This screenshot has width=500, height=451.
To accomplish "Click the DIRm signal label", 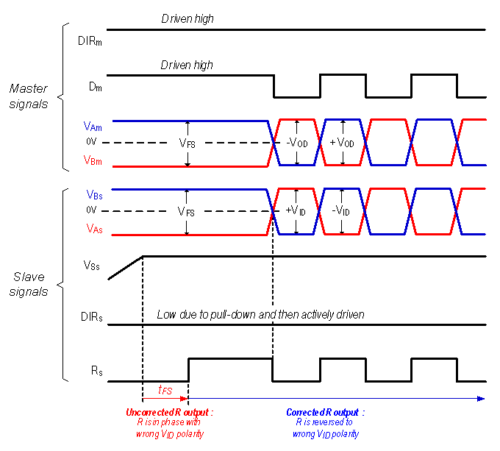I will click(x=90, y=41).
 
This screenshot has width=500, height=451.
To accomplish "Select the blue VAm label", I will click(x=93, y=127).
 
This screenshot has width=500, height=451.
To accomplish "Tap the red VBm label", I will click(x=93, y=160).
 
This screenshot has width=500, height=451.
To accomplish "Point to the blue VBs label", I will click(x=94, y=196).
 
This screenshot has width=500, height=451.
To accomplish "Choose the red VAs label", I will click(x=94, y=229).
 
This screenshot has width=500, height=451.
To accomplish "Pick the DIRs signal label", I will click(x=90, y=318).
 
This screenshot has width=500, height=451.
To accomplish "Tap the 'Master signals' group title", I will click(x=29, y=96).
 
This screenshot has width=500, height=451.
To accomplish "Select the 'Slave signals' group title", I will click(x=29, y=284).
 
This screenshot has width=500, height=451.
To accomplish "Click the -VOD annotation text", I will click(x=299, y=143).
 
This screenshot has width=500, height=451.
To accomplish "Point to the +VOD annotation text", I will click(x=342, y=143).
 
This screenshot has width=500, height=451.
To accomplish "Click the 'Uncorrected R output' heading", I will click(x=169, y=412).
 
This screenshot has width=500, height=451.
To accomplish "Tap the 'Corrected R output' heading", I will click(x=325, y=412).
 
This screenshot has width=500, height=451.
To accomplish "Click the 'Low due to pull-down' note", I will click(x=260, y=315).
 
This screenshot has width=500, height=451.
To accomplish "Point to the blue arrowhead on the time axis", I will click(x=481, y=398).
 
